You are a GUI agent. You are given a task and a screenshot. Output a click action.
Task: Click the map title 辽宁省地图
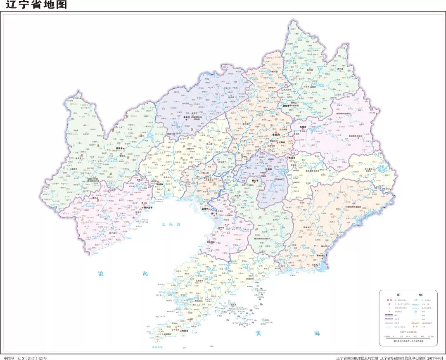pos(36,5)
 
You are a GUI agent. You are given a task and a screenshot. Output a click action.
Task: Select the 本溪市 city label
pos(292,157)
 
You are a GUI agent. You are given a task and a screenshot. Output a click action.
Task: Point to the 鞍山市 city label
pos(256,180)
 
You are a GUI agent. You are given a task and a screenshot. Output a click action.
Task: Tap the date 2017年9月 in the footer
pos(433,358)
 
